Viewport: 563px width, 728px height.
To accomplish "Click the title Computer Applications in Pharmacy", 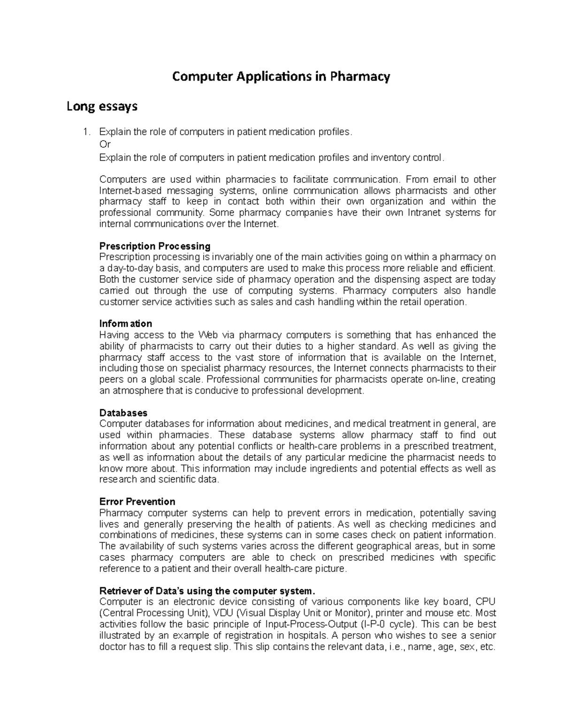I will point(281,76).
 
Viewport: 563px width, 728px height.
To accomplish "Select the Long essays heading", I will point(102,106).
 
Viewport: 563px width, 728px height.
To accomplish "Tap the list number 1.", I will point(85,132).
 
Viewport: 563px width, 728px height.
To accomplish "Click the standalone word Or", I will point(105,144).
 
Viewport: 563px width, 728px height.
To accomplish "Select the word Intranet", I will point(425,213).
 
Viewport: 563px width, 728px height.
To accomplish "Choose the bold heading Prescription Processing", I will point(155,246).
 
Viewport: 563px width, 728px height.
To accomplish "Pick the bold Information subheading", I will point(126,323).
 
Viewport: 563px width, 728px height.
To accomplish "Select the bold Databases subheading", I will point(123,413).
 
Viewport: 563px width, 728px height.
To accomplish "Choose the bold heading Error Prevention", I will point(137,502).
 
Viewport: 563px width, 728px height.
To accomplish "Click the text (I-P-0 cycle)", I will point(388,624).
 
